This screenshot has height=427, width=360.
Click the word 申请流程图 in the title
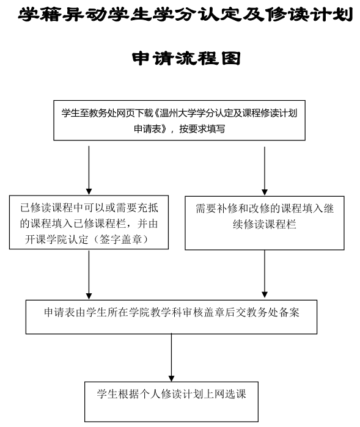[x=186, y=58]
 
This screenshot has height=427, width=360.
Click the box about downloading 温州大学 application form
[x=179, y=120]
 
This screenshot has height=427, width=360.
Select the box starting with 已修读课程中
[x=89, y=222]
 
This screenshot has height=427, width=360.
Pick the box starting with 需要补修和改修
[x=264, y=223]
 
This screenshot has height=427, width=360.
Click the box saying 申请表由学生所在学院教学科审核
[x=171, y=317]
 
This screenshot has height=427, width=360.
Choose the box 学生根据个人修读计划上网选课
[x=171, y=402]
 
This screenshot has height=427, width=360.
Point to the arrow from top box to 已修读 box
[x=89, y=170]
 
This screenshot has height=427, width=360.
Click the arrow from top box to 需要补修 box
[x=264, y=171]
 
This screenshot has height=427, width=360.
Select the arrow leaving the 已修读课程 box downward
[x=89, y=275]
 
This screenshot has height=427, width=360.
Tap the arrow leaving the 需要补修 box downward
[x=264, y=274]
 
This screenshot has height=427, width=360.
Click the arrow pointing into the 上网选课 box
[x=171, y=357]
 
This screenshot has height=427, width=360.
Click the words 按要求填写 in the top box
[x=202, y=129]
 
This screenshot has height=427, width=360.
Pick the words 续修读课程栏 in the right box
[x=264, y=224]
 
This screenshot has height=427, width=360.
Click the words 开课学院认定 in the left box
[x=57, y=239]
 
